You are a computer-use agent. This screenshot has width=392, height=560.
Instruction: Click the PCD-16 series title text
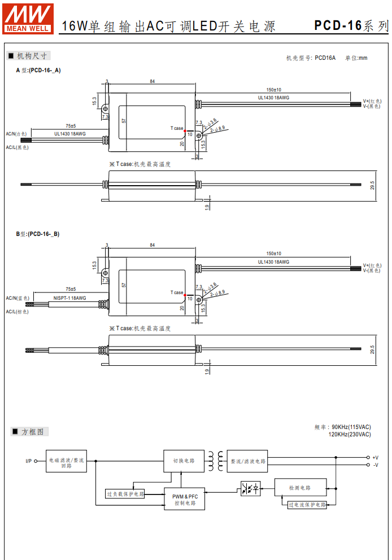pos(351,25)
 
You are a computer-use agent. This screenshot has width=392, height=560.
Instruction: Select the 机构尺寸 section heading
pos(29,56)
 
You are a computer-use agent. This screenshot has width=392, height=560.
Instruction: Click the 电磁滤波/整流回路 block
pos(67,463)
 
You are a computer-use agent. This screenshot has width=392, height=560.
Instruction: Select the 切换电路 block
pos(184,461)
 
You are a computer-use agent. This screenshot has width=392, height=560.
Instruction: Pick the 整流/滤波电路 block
pos(247,461)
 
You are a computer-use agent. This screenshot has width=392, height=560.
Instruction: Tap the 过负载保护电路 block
pos(125,494)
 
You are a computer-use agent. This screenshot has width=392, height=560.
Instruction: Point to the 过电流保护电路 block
pos(307,505)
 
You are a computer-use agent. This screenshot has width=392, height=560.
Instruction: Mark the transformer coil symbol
pos(215,461)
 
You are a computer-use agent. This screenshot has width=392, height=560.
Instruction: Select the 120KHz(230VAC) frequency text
pos(350,434)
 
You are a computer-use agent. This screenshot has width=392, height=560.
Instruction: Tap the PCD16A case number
pos(325,58)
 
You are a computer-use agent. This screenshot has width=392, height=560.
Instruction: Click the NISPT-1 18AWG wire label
pos(70,298)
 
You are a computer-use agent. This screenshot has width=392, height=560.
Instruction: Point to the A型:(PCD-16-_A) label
pos(38,70)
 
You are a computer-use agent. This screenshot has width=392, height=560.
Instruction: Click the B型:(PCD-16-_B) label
pos(38,234)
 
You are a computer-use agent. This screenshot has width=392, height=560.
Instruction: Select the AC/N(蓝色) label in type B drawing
pos(18,297)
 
